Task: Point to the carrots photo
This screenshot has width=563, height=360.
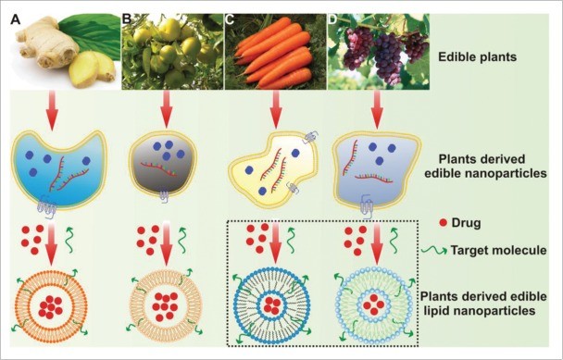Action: pos(273,51)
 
